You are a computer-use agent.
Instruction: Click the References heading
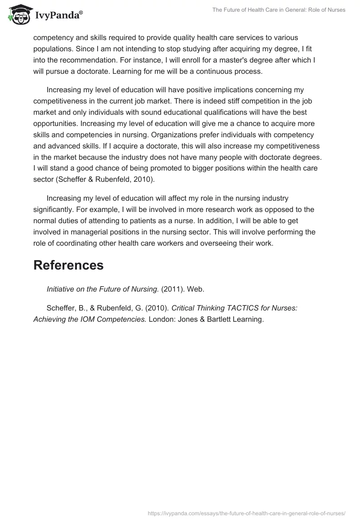coord(68,265)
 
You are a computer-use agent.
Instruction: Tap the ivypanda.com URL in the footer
coord(247,513)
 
